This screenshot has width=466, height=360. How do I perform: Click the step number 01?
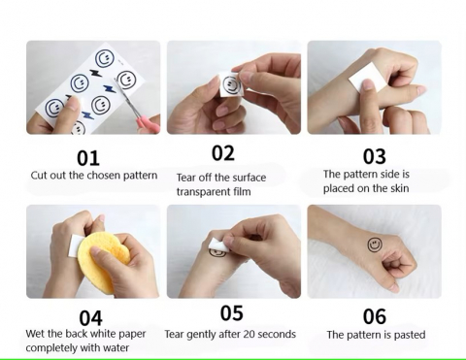tap(88, 158)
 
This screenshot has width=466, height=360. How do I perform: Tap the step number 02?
tap(223, 153)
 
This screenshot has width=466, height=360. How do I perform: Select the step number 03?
tap(374, 156)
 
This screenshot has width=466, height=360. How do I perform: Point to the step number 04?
tap(90, 318)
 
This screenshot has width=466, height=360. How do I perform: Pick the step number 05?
tap(231, 313)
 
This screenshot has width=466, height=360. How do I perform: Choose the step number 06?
tap(375, 316)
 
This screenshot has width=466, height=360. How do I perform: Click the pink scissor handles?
tap(148, 123)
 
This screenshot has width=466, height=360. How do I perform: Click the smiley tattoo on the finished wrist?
tap(375, 245)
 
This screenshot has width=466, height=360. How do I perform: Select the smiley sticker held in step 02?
tap(230, 84)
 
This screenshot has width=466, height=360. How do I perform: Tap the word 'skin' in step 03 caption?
tap(399, 188)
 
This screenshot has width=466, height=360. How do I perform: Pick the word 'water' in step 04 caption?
tap(116, 347)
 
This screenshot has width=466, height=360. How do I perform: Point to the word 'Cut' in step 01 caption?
tap(37, 176)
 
